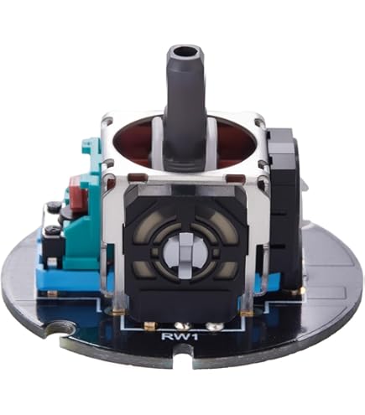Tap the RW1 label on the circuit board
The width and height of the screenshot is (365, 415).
point(180,336)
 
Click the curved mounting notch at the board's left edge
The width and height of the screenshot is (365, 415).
point(61,329)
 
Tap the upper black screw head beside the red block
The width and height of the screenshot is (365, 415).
point(55,206)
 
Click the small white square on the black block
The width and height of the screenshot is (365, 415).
point(51,262)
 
